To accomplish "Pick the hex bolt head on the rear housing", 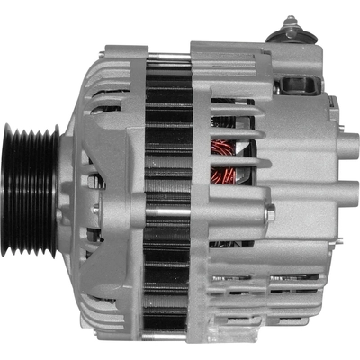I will (270, 215).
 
